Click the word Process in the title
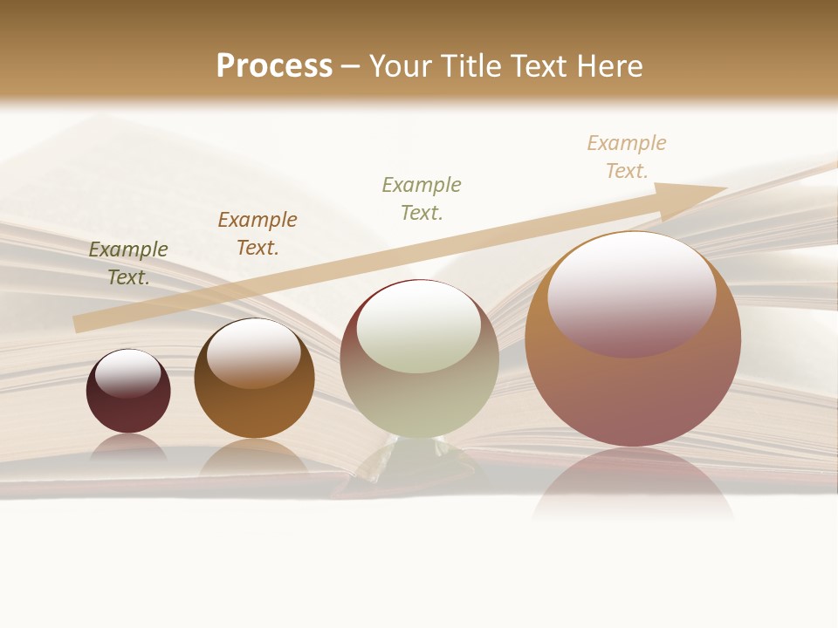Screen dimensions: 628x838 (x=274, y=66)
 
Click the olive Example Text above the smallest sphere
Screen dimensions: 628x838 (x=128, y=263)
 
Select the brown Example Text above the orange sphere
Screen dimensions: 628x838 (x=258, y=234)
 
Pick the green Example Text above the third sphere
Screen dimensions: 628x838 (x=422, y=199)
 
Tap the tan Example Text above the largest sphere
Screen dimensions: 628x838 (x=627, y=157)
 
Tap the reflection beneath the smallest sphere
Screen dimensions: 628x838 (x=128, y=447)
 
